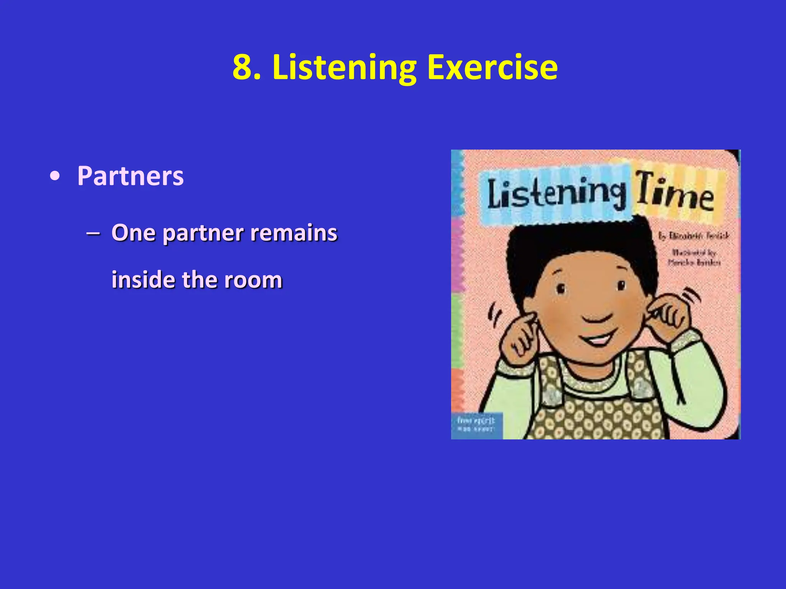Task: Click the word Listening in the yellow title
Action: coord(344,68)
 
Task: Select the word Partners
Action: coord(130,176)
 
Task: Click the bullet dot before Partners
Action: coord(55,177)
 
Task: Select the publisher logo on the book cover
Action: coord(476,424)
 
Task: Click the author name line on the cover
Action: coord(694,236)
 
